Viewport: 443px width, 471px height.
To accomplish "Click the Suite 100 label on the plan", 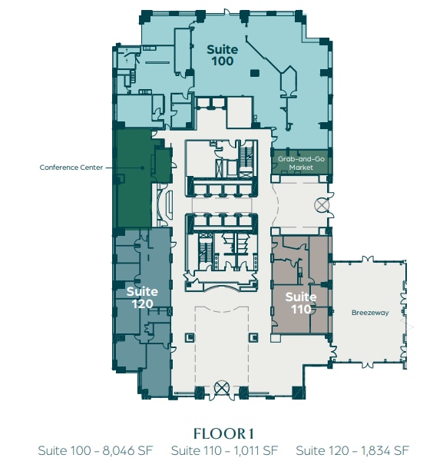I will click(222, 55).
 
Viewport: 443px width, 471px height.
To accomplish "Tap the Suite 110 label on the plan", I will click(300, 303).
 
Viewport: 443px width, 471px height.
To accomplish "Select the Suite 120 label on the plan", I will click(142, 297).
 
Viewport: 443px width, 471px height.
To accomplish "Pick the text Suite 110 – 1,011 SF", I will click(223, 450).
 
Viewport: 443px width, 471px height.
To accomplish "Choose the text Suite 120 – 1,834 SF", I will click(352, 450).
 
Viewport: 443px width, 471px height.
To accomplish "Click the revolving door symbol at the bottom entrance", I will click(223, 387).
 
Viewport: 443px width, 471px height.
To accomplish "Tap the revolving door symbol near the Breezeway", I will click(321, 205).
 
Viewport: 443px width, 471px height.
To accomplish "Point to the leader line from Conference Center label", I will click(109, 167).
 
